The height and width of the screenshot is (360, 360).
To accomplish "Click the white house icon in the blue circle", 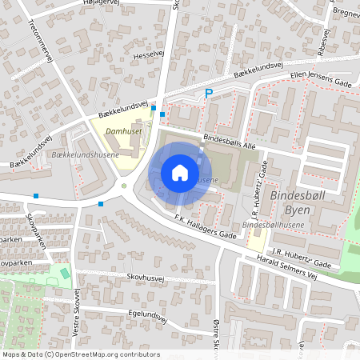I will point(180,172).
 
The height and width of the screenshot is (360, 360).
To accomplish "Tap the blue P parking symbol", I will point(209,94).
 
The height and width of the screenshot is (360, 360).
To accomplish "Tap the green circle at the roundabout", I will point(123,188).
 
